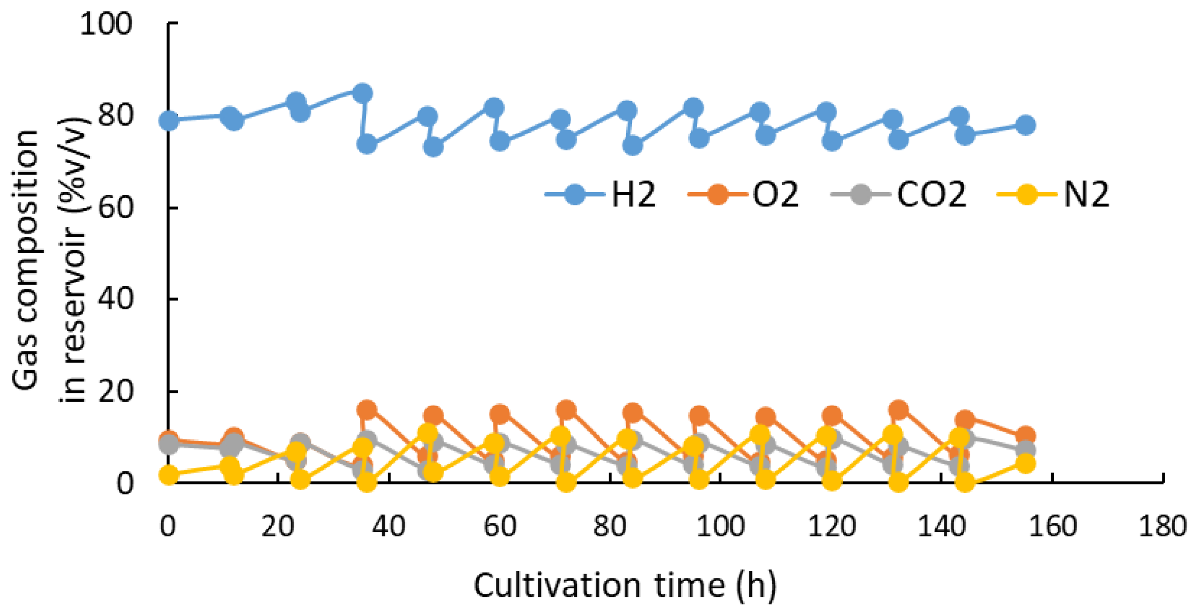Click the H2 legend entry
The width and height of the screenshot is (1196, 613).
[600, 194]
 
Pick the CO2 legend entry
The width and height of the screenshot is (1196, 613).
[898, 194]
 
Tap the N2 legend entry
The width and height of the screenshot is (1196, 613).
[1052, 194]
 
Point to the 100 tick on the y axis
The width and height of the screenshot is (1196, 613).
[106, 23]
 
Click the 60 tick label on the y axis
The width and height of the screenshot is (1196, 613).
[114, 208]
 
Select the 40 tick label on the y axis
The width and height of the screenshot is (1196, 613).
[114, 299]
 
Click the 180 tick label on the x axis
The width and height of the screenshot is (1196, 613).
[1162, 526]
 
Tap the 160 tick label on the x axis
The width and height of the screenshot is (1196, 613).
[1052, 526]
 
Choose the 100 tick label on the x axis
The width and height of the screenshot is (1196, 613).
[721, 526]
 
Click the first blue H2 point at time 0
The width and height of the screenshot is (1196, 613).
[169, 121]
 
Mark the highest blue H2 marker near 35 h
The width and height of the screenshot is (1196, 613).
[363, 93]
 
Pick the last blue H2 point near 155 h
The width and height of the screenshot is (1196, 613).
[1026, 125]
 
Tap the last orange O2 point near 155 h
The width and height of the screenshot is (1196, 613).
[1026, 435]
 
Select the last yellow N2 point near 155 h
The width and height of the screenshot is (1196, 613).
[1026, 464]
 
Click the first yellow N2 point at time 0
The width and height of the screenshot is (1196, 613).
[169, 475]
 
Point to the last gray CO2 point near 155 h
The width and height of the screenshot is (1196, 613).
[1026, 450]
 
